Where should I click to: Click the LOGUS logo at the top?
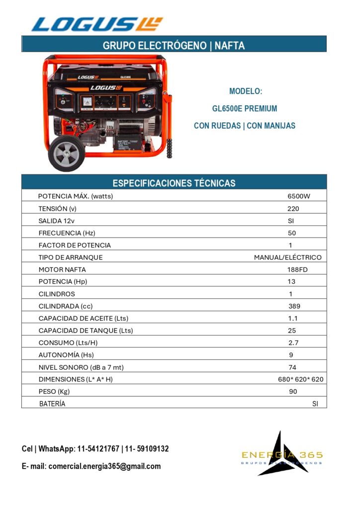coord(97,24)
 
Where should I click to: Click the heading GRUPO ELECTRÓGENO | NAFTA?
coord(174,46)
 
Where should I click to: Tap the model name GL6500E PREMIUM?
coord(245,108)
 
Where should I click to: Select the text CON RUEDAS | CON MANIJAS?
coord(245,126)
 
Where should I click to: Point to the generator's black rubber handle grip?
coord(170,148)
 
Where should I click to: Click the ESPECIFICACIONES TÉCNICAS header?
coord(174,183)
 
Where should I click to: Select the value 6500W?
coord(298,196)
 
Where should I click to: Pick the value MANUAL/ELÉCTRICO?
coord(287,257)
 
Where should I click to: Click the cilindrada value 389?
coord(294,306)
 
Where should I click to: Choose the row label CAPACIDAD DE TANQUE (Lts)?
coord(86,331)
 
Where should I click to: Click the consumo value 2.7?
coord(293,343)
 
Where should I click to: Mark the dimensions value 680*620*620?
coord(300,379)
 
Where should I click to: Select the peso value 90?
coord(293,392)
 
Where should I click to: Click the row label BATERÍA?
coord(52,404)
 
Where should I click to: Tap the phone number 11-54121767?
coord(98,449)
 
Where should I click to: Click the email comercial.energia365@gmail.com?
coord(104,466)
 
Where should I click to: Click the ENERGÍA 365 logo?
coord(281,455)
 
